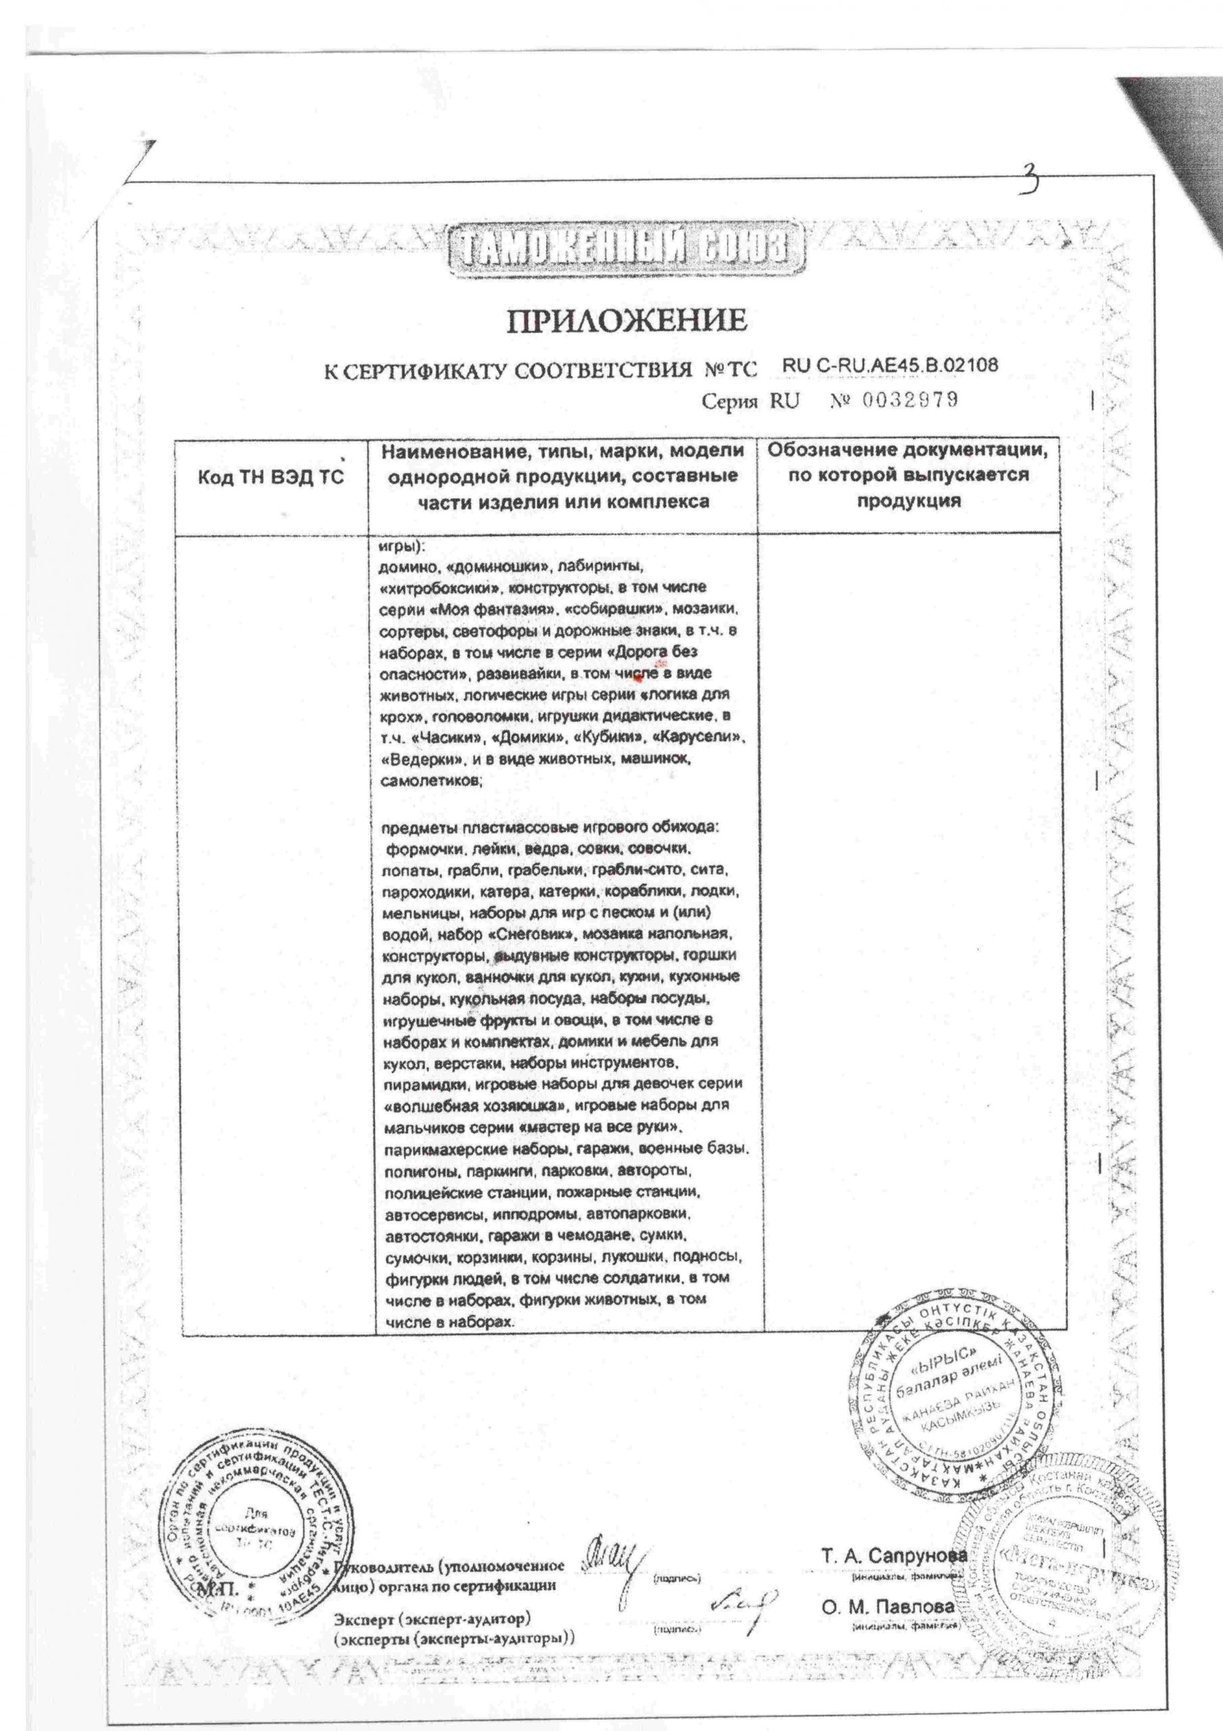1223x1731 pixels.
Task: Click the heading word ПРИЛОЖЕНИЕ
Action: pos(626,321)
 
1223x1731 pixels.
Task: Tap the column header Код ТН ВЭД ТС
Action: pos(270,478)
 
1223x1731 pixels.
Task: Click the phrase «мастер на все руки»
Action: pos(601,1128)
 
